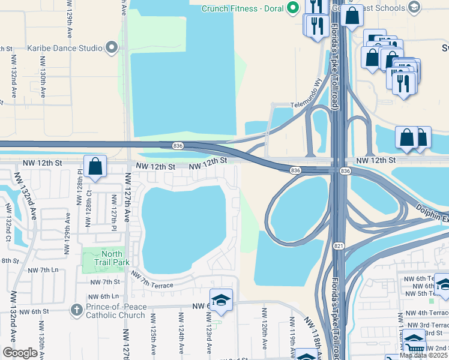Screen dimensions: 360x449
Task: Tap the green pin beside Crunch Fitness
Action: coord(293,8)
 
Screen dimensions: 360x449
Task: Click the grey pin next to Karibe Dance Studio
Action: coord(112,47)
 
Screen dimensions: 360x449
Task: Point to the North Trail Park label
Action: coord(112,258)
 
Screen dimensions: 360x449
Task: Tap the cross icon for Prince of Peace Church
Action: coord(76,310)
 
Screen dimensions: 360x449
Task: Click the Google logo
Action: coord(20,353)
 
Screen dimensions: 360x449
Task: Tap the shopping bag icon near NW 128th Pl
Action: coord(95,166)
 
